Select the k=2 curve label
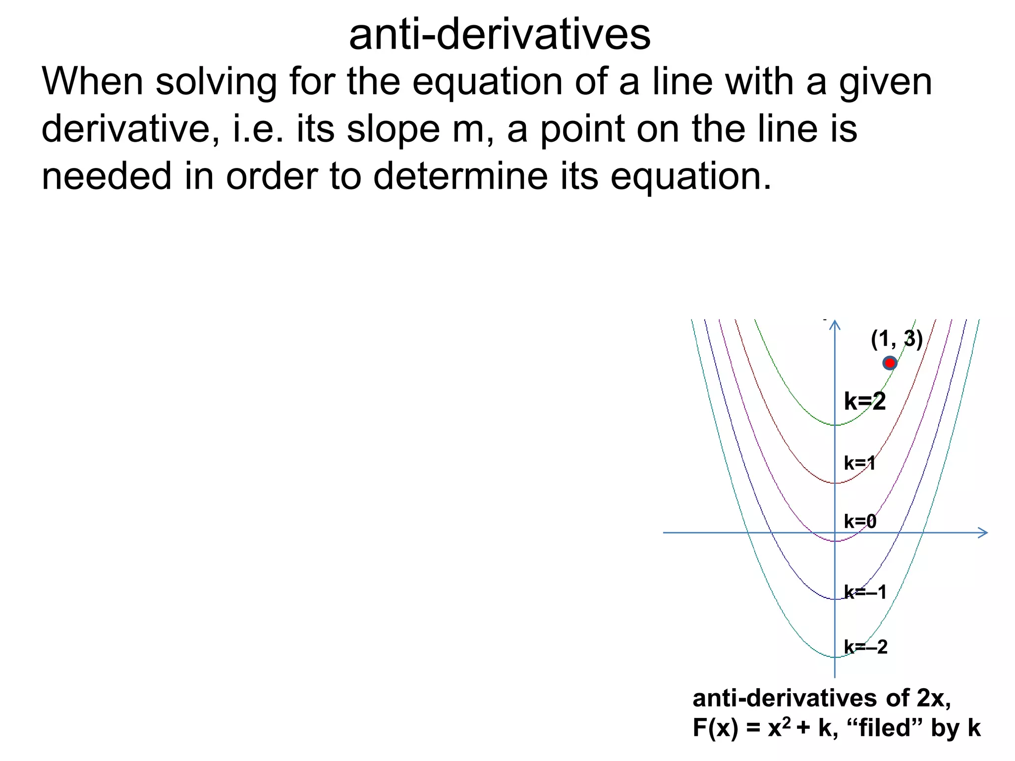864,401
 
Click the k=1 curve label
859,463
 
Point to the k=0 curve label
860,521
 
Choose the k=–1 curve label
865,592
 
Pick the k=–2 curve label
865,647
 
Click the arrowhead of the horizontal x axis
984,533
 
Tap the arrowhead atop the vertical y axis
835,325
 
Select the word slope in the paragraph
393,129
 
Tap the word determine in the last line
460,176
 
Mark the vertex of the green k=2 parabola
835,425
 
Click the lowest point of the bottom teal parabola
835,657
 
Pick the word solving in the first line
216,82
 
